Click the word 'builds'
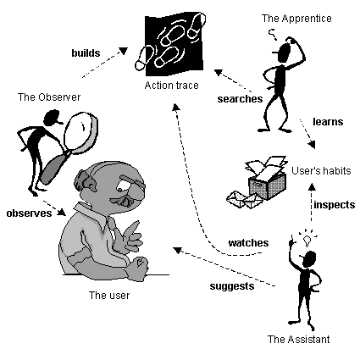pyautogui.click(x=86, y=53)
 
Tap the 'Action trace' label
pyautogui.click(x=171, y=86)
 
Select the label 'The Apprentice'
pyautogui.click(x=296, y=19)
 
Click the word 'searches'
pyautogui.click(x=240, y=99)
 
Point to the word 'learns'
pyautogui.click(x=328, y=122)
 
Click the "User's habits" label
pyautogui.click(x=321, y=171)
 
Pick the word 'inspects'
pyautogui.click(x=335, y=205)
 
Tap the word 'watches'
pyautogui.click(x=248, y=243)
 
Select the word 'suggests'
pyautogui.click(x=232, y=286)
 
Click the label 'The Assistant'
pyautogui.click(x=298, y=339)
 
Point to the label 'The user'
pyautogui.click(x=109, y=296)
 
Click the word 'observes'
pyautogui.click(x=29, y=213)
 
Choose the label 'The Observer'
pyautogui.click(x=49, y=97)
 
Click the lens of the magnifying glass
pyautogui.click(x=80, y=131)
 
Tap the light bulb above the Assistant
pyautogui.click(x=307, y=241)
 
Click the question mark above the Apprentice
pyautogui.click(x=273, y=34)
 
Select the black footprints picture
pyautogui.click(x=170, y=44)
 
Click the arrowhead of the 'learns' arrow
pyautogui.click(x=312, y=144)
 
